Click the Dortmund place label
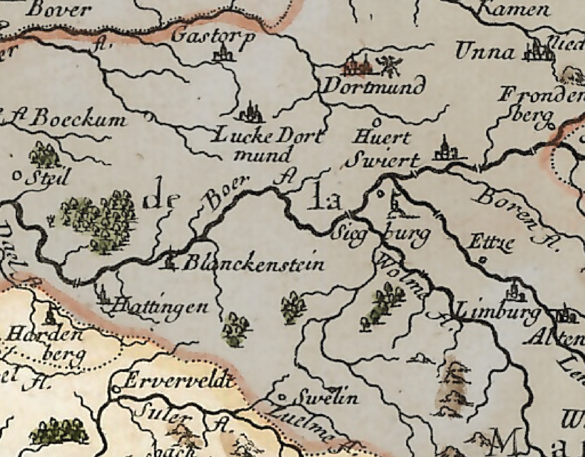point(374,87)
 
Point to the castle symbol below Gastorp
point(223,54)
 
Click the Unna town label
point(485,53)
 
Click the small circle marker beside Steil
point(16,175)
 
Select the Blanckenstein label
point(253,264)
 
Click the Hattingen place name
point(161,307)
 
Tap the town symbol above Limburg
point(515,293)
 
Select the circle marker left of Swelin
point(281,396)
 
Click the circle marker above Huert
point(375,122)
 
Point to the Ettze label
point(491,243)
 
